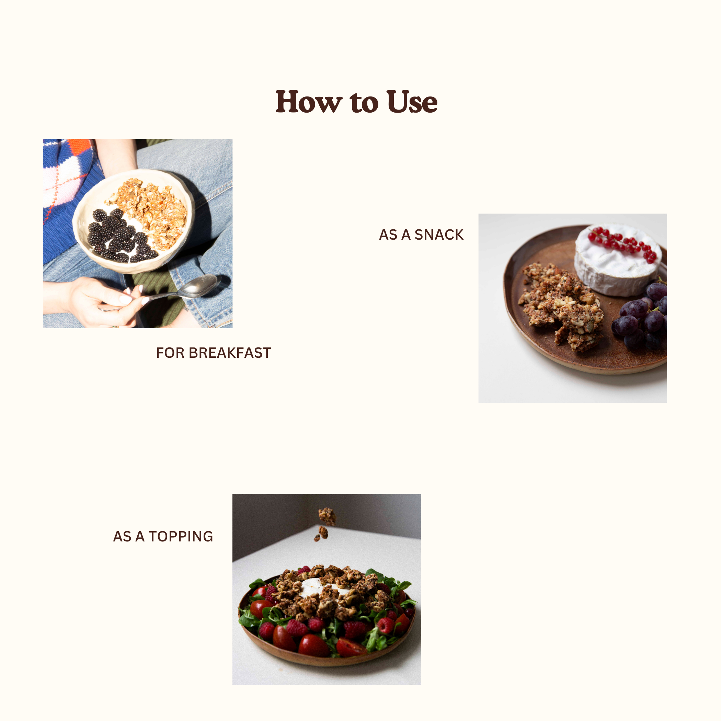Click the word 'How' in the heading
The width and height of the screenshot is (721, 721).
(309, 102)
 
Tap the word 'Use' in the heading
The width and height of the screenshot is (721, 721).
(412, 102)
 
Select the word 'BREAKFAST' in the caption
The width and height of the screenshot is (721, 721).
(230, 353)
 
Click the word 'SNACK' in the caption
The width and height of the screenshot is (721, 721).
(439, 235)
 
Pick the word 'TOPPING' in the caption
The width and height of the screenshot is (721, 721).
(181, 536)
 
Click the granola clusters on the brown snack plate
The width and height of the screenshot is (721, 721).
(560, 306)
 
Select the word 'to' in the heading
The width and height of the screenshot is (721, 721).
(364, 102)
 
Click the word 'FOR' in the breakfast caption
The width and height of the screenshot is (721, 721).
(171, 353)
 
